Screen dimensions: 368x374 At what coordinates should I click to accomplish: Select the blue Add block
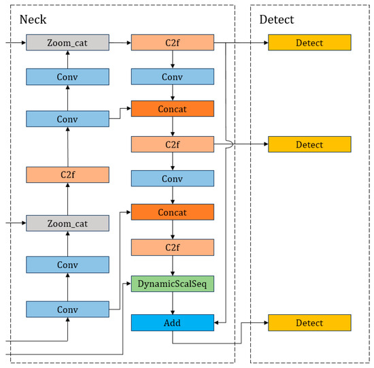(172, 322)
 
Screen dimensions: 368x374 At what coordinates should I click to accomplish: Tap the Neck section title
(31, 20)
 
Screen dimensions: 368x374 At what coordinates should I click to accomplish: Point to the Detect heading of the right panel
(277, 20)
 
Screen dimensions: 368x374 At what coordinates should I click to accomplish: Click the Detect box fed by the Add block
(309, 322)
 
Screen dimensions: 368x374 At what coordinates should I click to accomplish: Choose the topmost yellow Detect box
(309, 43)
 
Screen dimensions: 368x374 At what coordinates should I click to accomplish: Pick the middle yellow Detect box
(309, 144)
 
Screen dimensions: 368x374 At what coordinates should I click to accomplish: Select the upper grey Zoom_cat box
(67, 43)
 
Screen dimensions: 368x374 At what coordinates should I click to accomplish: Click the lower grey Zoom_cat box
(67, 223)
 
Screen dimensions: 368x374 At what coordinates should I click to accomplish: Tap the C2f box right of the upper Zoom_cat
(172, 43)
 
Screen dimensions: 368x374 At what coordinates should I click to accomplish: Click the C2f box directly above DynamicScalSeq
(172, 248)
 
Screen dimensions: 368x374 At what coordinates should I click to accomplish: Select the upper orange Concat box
(172, 108)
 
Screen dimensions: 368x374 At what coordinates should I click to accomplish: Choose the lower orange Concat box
(172, 212)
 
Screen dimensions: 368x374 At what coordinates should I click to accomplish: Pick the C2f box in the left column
(67, 175)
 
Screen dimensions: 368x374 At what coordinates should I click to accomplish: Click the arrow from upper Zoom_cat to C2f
(120, 43)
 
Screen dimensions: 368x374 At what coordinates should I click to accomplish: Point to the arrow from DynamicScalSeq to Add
(172, 303)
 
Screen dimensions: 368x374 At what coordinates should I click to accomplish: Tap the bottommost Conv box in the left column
(67, 310)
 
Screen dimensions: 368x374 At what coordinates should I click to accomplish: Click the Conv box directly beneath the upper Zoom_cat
(67, 77)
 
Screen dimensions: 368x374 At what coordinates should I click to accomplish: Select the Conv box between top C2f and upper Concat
(172, 77)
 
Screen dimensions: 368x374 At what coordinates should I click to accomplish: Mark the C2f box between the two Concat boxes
(172, 144)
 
